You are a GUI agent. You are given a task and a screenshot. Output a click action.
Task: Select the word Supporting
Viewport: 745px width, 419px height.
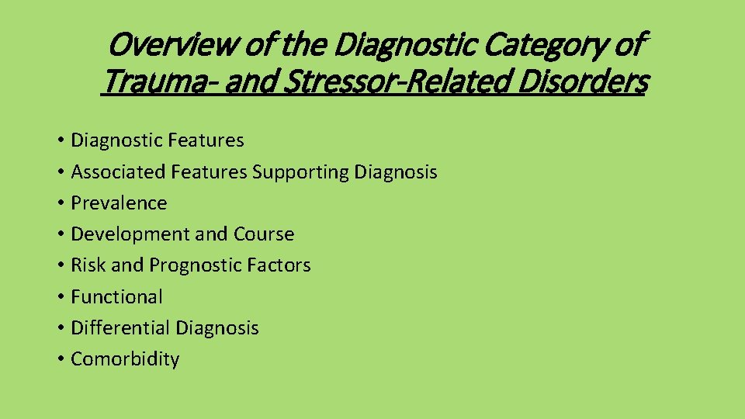[300, 172]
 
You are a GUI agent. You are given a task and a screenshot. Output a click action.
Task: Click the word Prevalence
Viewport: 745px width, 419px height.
[119, 203]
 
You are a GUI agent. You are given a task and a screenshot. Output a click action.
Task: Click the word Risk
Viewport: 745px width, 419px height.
[88, 265]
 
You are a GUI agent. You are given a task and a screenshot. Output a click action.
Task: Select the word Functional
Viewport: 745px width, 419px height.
[116, 296]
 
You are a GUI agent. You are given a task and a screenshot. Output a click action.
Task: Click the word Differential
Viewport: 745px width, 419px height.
[120, 328]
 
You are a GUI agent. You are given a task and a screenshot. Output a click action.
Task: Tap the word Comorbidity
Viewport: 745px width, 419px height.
[125, 359]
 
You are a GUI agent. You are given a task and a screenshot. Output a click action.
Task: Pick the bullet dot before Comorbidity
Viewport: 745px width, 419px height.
[60, 359]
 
